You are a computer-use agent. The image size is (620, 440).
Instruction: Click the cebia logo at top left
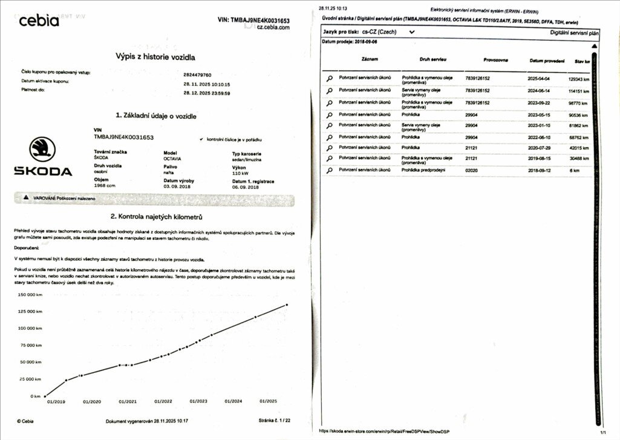tap(39, 21)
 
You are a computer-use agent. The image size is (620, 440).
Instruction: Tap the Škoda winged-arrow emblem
tap(43, 149)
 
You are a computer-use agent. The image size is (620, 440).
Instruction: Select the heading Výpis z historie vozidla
tap(155, 57)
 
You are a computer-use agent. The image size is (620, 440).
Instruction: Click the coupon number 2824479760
tap(197, 73)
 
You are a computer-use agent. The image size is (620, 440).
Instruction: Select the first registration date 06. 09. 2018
tap(246, 187)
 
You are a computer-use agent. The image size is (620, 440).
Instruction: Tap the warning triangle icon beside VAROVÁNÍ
tap(26, 198)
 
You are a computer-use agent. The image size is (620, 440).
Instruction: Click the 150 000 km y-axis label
tap(30, 295)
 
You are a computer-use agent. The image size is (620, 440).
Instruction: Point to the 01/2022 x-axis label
tap(163, 401)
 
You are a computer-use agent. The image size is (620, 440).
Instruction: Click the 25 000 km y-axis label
tap(31, 379)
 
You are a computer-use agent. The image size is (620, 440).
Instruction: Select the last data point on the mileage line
tap(287, 305)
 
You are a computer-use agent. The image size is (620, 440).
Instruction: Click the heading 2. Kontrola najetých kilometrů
tap(156, 217)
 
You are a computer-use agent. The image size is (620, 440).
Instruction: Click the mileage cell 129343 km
tap(579, 79)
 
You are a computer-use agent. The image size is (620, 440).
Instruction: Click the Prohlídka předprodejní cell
tap(423, 170)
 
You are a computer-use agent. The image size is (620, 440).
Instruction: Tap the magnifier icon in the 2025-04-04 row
tap(330, 79)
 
